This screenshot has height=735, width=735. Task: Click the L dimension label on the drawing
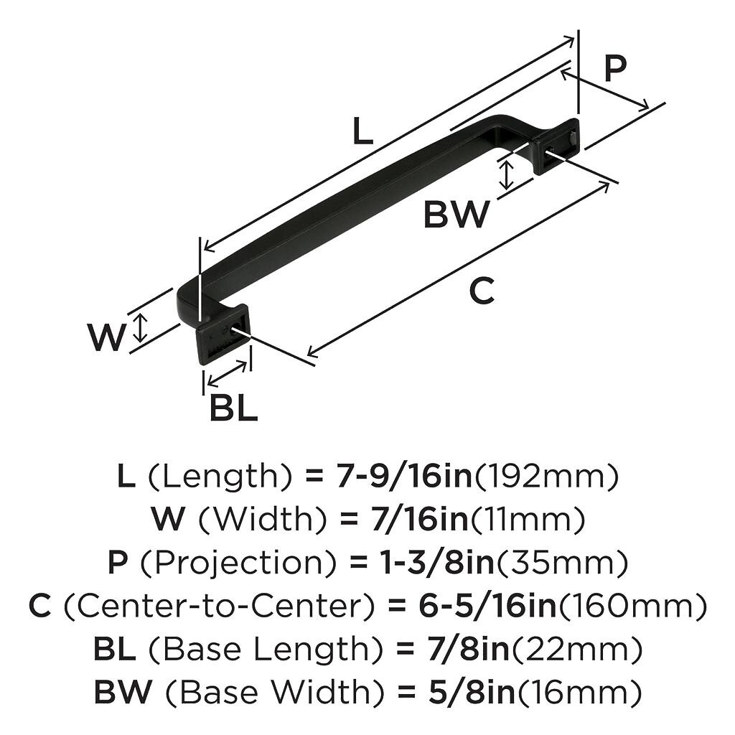363,131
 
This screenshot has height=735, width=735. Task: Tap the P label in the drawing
614,69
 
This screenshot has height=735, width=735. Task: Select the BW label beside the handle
457,214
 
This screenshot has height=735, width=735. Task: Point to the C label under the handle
482,291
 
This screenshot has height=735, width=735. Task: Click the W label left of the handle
106,337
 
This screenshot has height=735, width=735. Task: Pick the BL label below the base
233,408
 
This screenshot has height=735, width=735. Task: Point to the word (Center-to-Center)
219,607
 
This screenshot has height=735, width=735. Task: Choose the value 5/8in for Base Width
464,693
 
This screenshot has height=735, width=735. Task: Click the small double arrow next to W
141,327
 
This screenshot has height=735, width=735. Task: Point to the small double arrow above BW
507,174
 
